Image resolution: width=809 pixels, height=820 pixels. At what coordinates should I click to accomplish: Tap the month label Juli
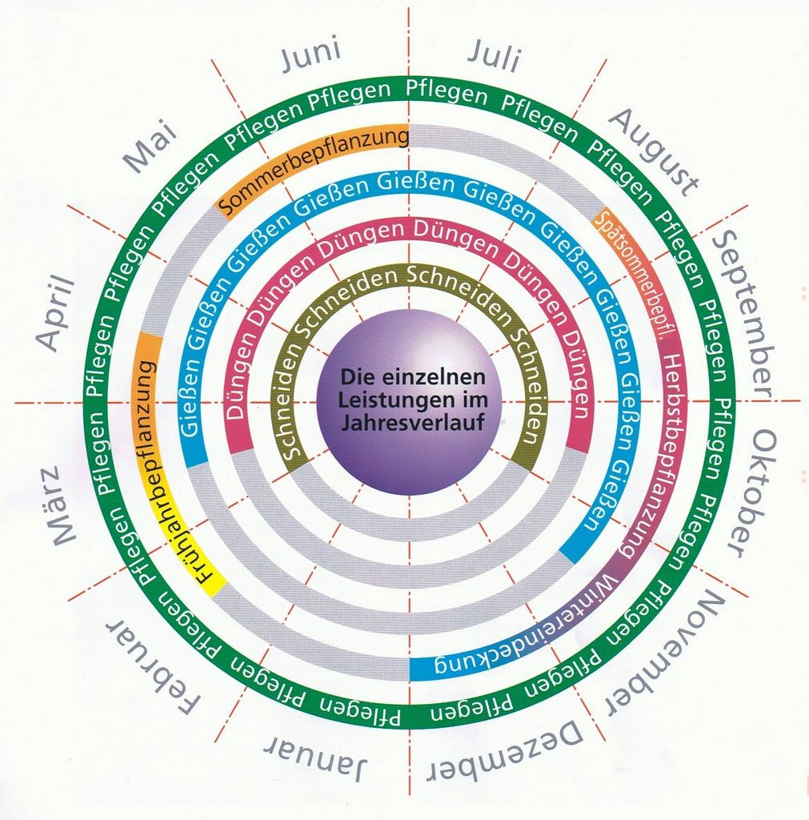pyautogui.click(x=494, y=55)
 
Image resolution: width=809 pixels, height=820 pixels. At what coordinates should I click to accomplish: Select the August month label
pyautogui.click(x=653, y=152)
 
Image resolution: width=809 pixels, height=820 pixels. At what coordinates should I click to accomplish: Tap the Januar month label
pyautogui.click(x=315, y=756)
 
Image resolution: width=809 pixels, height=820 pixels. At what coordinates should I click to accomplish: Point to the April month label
pyautogui.click(x=56, y=313)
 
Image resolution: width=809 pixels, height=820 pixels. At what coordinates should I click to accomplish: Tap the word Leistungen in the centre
pyautogui.click(x=413, y=400)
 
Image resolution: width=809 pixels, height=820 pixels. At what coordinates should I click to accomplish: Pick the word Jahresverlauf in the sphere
pyautogui.click(x=413, y=422)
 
